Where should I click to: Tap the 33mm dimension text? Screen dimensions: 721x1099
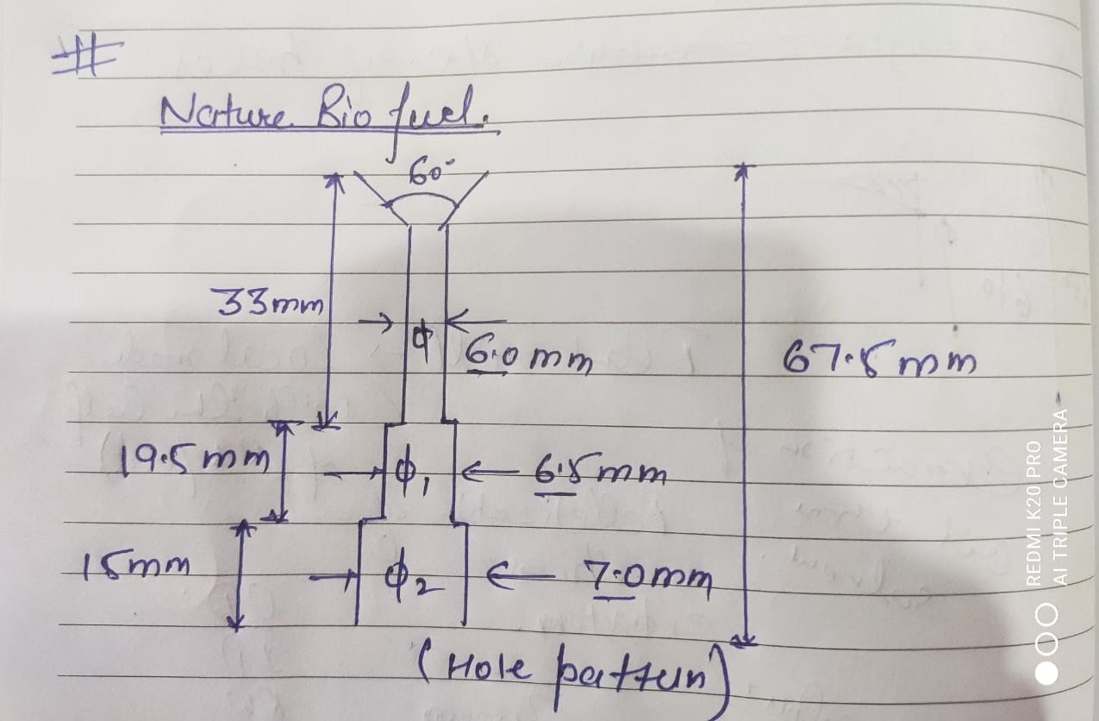click(266, 303)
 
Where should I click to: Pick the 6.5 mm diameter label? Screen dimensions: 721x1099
click(600, 473)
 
